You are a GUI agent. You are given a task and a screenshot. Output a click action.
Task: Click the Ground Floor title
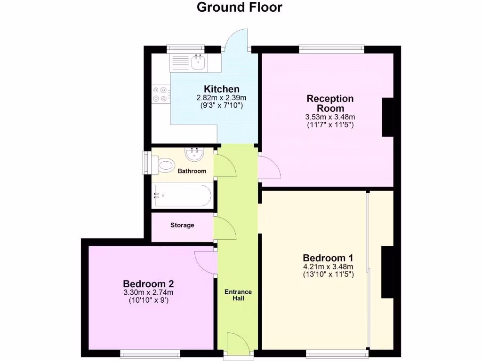[239, 8]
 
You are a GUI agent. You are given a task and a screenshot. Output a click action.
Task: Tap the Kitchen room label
[221, 89]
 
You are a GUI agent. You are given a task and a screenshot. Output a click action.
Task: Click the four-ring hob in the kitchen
[159, 94]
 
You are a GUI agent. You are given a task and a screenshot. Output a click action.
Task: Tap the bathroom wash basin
[194, 154]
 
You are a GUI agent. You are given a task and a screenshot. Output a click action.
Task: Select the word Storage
[182, 225]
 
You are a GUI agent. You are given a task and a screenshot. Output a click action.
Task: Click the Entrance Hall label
[238, 295]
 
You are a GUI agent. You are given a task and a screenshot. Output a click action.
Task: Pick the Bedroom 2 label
[148, 284]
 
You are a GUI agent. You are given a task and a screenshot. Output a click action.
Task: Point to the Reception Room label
[330, 103]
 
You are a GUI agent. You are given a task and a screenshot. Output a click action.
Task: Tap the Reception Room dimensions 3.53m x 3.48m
[330, 117]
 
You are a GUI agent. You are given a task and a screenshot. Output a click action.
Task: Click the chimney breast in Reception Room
[387, 117]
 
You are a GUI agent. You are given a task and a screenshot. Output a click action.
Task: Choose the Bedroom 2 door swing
[205, 261]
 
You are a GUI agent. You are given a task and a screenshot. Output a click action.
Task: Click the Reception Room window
[331, 47]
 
